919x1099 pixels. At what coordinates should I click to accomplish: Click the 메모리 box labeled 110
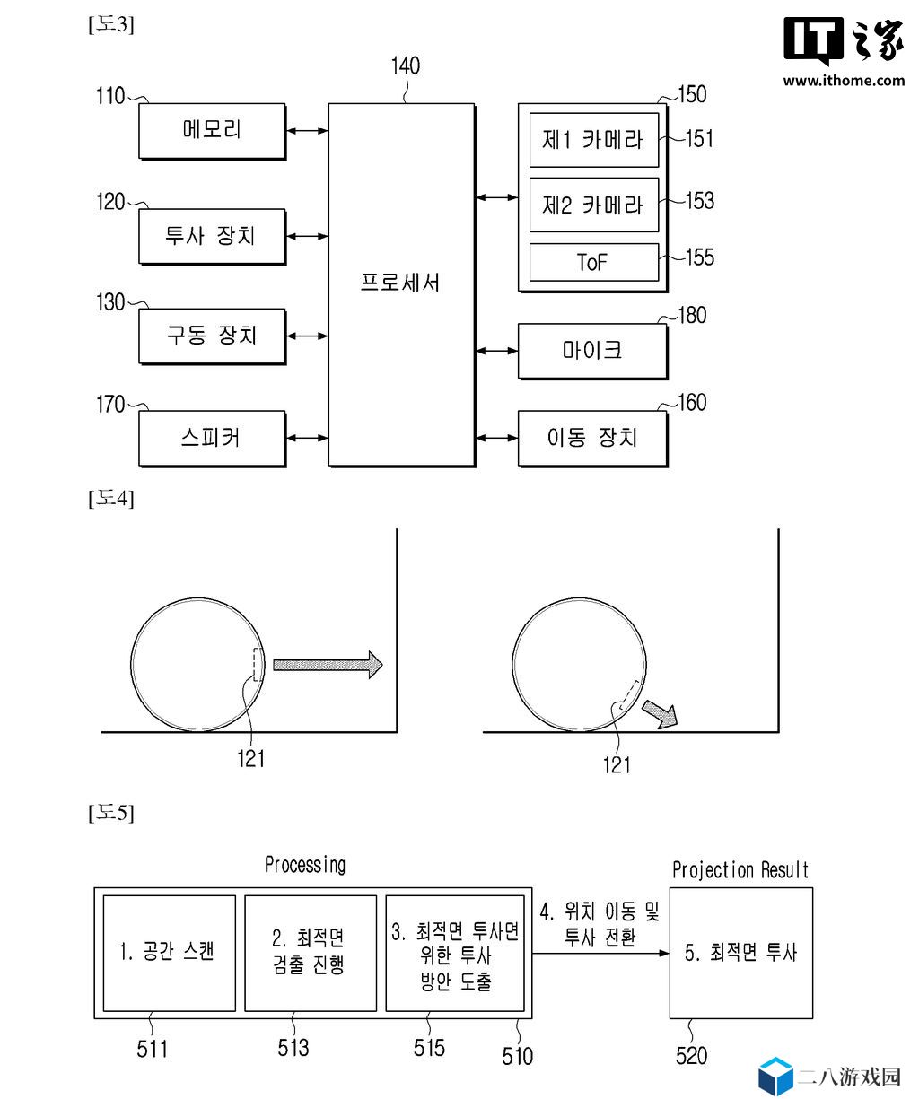212,131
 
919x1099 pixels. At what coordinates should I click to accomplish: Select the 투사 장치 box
212,236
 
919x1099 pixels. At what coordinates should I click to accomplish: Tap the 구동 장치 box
212,336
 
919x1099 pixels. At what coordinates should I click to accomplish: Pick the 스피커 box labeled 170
212,438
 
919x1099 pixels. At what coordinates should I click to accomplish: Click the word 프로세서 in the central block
399,283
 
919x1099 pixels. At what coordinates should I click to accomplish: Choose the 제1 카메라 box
593,140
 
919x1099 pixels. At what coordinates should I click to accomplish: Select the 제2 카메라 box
593,205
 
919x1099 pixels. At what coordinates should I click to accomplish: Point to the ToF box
593,262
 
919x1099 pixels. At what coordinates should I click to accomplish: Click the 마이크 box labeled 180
592,351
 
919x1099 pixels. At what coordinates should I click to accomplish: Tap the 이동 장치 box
592,438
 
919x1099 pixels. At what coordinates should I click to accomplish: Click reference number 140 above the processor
406,66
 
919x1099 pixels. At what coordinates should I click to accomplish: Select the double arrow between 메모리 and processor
308,130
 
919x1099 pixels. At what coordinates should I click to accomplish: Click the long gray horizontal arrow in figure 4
328,665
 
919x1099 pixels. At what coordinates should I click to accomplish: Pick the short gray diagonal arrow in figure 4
660,714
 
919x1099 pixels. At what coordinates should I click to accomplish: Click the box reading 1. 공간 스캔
169,953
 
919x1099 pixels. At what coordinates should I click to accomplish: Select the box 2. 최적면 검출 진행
311,953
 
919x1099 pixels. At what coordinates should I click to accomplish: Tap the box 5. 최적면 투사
740,953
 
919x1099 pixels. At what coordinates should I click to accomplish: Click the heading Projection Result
740,870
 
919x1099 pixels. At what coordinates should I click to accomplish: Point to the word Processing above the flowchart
305,865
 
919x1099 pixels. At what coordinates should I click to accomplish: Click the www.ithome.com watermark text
843,81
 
